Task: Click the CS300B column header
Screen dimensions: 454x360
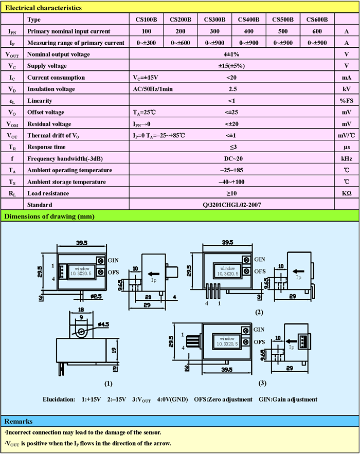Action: (x=214, y=20)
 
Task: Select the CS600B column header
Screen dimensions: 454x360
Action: (x=317, y=20)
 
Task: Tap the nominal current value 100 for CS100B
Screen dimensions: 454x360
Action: (x=146, y=31)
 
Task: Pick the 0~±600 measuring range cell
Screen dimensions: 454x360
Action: (x=181, y=43)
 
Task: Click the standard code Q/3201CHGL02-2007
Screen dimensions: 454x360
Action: (x=232, y=205)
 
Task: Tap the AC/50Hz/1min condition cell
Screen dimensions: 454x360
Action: (x=153, y=89)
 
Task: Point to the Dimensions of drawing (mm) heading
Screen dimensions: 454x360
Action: (x=49, y=216)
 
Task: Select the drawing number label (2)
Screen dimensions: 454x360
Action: (x=259, y=312)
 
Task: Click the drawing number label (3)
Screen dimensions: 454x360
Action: (x=262, y=383)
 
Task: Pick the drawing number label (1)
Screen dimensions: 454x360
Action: (x=108, y=384)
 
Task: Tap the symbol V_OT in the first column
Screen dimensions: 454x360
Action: (x=12, y=136)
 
